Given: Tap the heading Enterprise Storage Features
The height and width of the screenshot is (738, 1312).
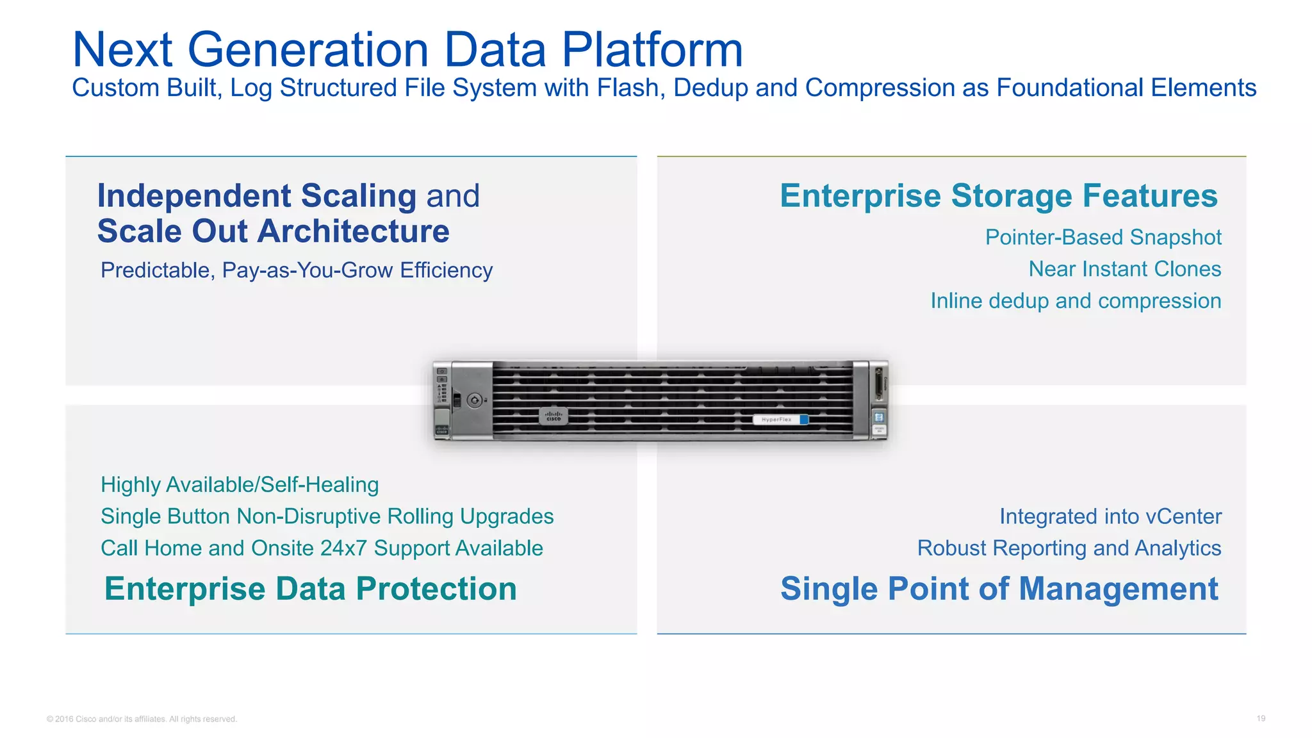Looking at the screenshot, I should click(998, 196).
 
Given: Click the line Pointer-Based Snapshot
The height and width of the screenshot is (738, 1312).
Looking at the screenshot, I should click(1103, 238).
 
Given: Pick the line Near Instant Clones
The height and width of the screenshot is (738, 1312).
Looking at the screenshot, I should click(1124, 269).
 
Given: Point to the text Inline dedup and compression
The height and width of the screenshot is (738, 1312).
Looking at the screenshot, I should click(1075, 301).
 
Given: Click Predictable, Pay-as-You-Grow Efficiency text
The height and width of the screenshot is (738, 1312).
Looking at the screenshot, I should click(296, 270).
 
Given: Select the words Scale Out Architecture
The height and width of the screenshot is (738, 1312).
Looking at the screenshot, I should click(273, 231).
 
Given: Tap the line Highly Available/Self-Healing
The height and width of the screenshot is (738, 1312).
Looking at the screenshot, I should click(240, 485).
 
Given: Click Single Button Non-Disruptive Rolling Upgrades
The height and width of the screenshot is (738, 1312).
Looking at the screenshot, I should click(327, 516).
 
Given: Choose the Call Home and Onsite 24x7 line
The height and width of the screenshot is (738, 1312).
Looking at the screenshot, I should click(322, 548).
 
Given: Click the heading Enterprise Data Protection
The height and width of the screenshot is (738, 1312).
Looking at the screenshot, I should click(310, 589).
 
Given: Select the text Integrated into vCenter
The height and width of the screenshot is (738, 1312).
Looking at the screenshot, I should click(1110, 516).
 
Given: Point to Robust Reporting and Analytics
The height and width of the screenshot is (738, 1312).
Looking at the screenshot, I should click(1069, 548).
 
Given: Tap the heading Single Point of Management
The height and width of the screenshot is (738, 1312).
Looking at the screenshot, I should click(999, 589).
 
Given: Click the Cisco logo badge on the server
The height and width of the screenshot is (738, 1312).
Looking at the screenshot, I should click(553, 416).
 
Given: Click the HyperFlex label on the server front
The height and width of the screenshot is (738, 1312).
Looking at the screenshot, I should click(776, 420).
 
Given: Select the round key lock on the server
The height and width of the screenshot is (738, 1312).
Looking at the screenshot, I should click(474, 400).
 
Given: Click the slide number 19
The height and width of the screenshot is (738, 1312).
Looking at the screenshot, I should click(1260, 718).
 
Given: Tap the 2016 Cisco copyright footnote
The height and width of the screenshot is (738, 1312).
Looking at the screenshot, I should click(142, 719).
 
